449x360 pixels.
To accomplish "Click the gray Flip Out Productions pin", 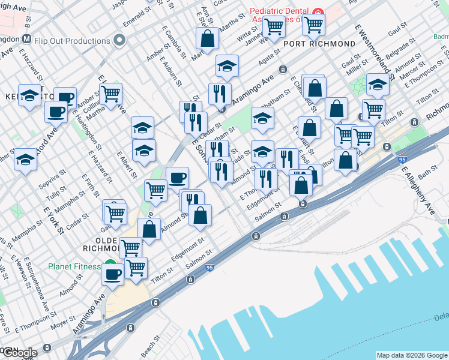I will (119, 41).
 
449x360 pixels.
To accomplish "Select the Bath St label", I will (427, 175).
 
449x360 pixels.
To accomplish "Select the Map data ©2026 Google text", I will (411, 355).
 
